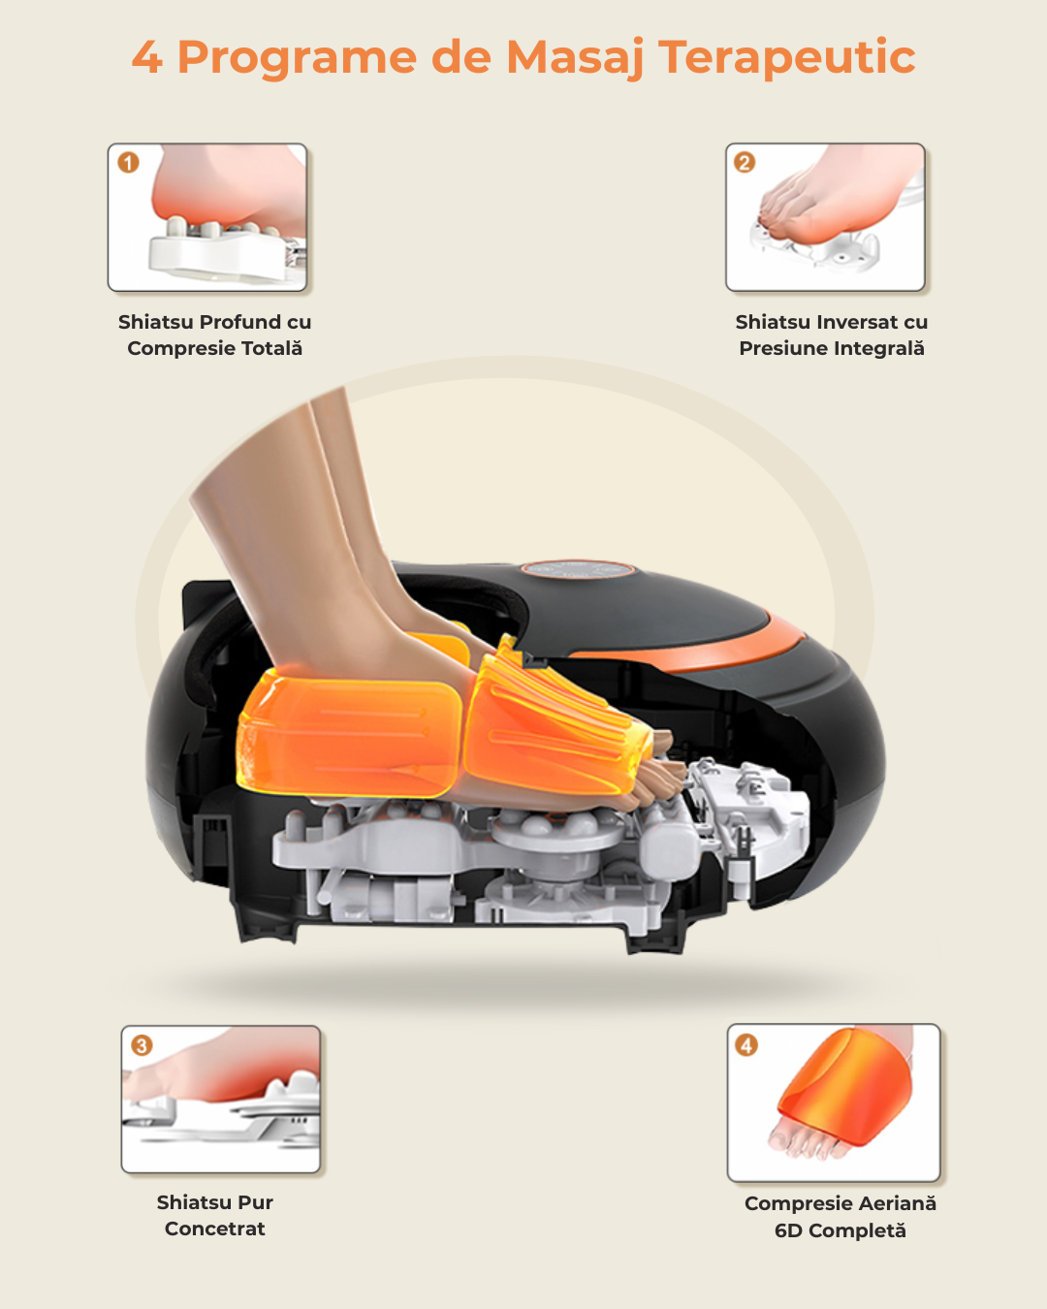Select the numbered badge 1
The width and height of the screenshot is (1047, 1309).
pyautogui.click(x=128, y=162)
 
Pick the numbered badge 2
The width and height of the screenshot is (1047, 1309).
pyautogui.click(x=745, y=162)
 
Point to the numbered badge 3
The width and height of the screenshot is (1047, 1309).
pyautogui.click(x=142, y=1045)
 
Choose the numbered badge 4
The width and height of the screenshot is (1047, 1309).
pyautogui.click(x=746, y=1045)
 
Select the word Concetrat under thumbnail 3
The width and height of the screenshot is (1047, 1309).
pyautogui.click(x=215, y=1229)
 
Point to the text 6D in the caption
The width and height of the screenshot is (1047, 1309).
pyautogui.click(x=788, y=1230)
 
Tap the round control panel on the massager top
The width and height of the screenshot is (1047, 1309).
pyautogui.click(x=578, y=570)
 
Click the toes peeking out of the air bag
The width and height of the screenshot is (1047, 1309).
pyautogui.click(x=660, y=771)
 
